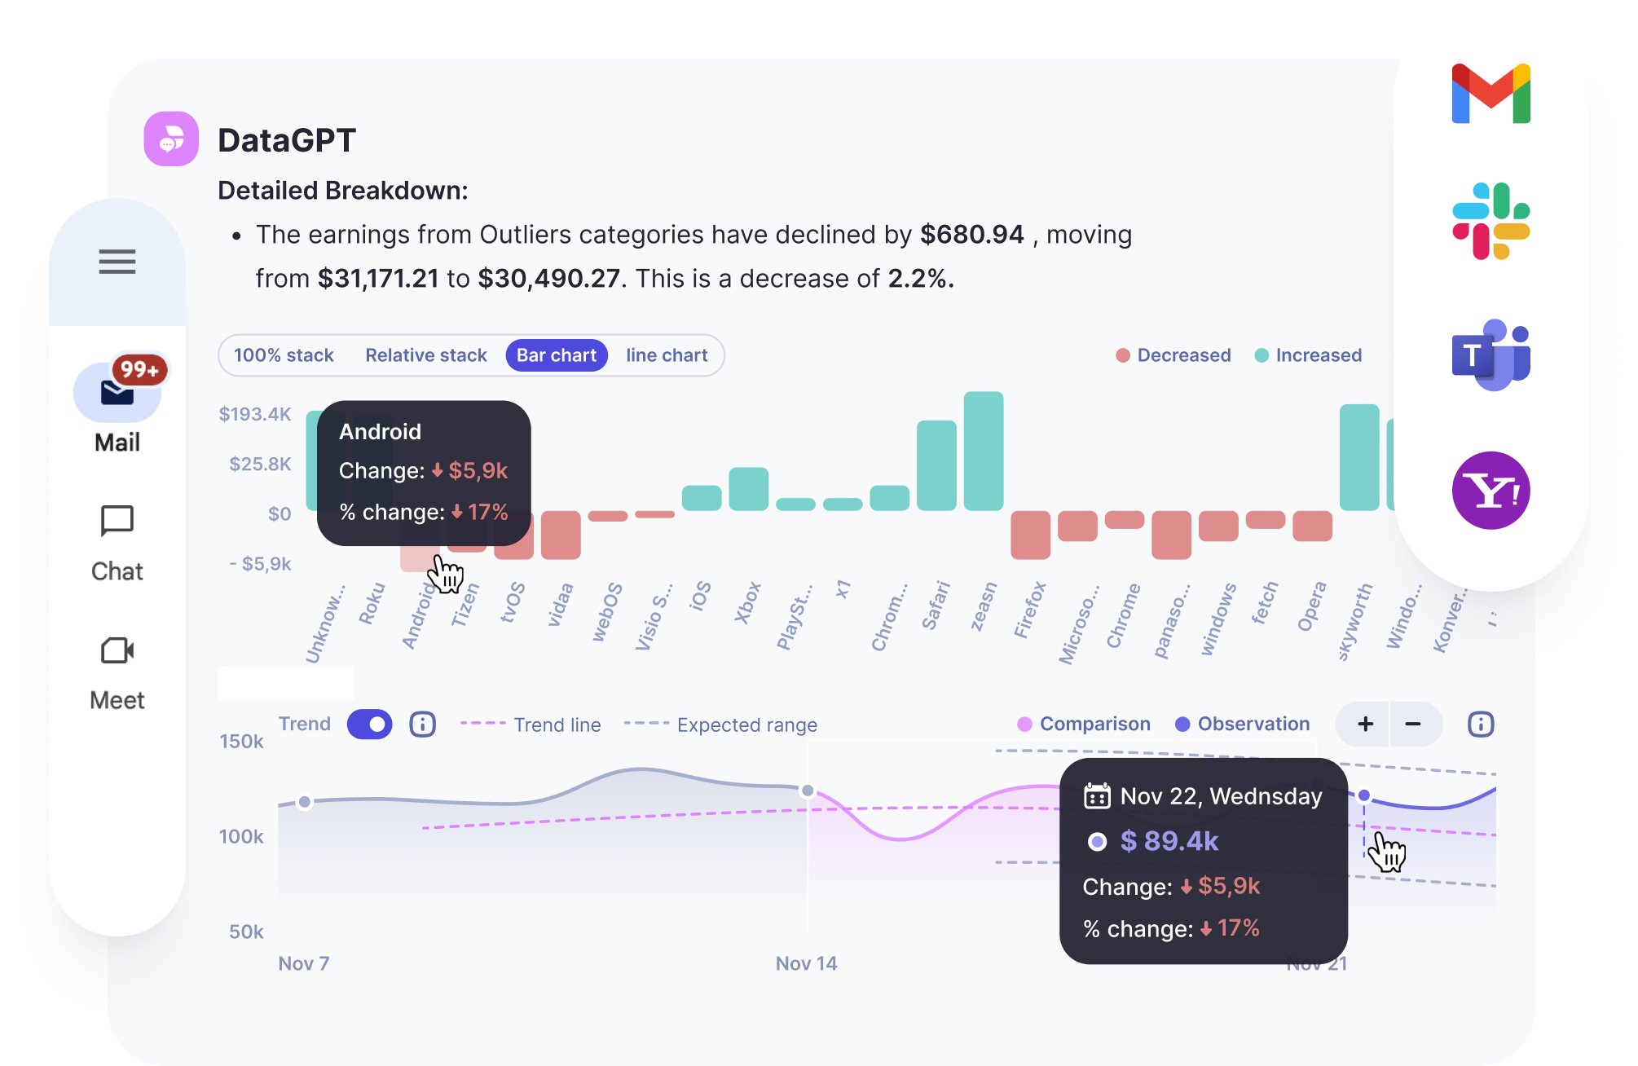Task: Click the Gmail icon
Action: pyautogui.click(x=1490, y=94)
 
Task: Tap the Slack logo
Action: pyautogui.click(x=1490, y=221)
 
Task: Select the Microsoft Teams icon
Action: pyautogui.click(x=1490, y=355)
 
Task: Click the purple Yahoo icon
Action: pyautogui.click(x=1490, y=491)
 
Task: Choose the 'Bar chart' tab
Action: pyautogui.click(x=557, y=355)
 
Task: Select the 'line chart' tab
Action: pyautogui.click(x=667, y=355)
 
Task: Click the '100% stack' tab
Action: pyautogui.click(x=284, y=355)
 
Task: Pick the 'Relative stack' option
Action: pyautogui.click(x=425, y=355)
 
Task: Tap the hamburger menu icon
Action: pyautogui.click(x=117, y=262)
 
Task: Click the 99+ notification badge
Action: pyautogui.click(x=139, y=370)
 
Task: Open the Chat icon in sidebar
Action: pyautogui.click(x=117, y=521)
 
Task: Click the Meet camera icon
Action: pyautogui.click(x=117, y=650)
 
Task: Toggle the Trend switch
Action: pyautogui.click(x=369, y=724)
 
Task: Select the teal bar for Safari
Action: pyautogui.click(x=936, y=465)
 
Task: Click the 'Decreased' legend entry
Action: pyautogui.click(x=1173, y=355)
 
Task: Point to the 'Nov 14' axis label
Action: pyautogui.click(x=806, y=963)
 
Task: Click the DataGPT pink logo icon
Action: pyautogui.click(x=171, y=139)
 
